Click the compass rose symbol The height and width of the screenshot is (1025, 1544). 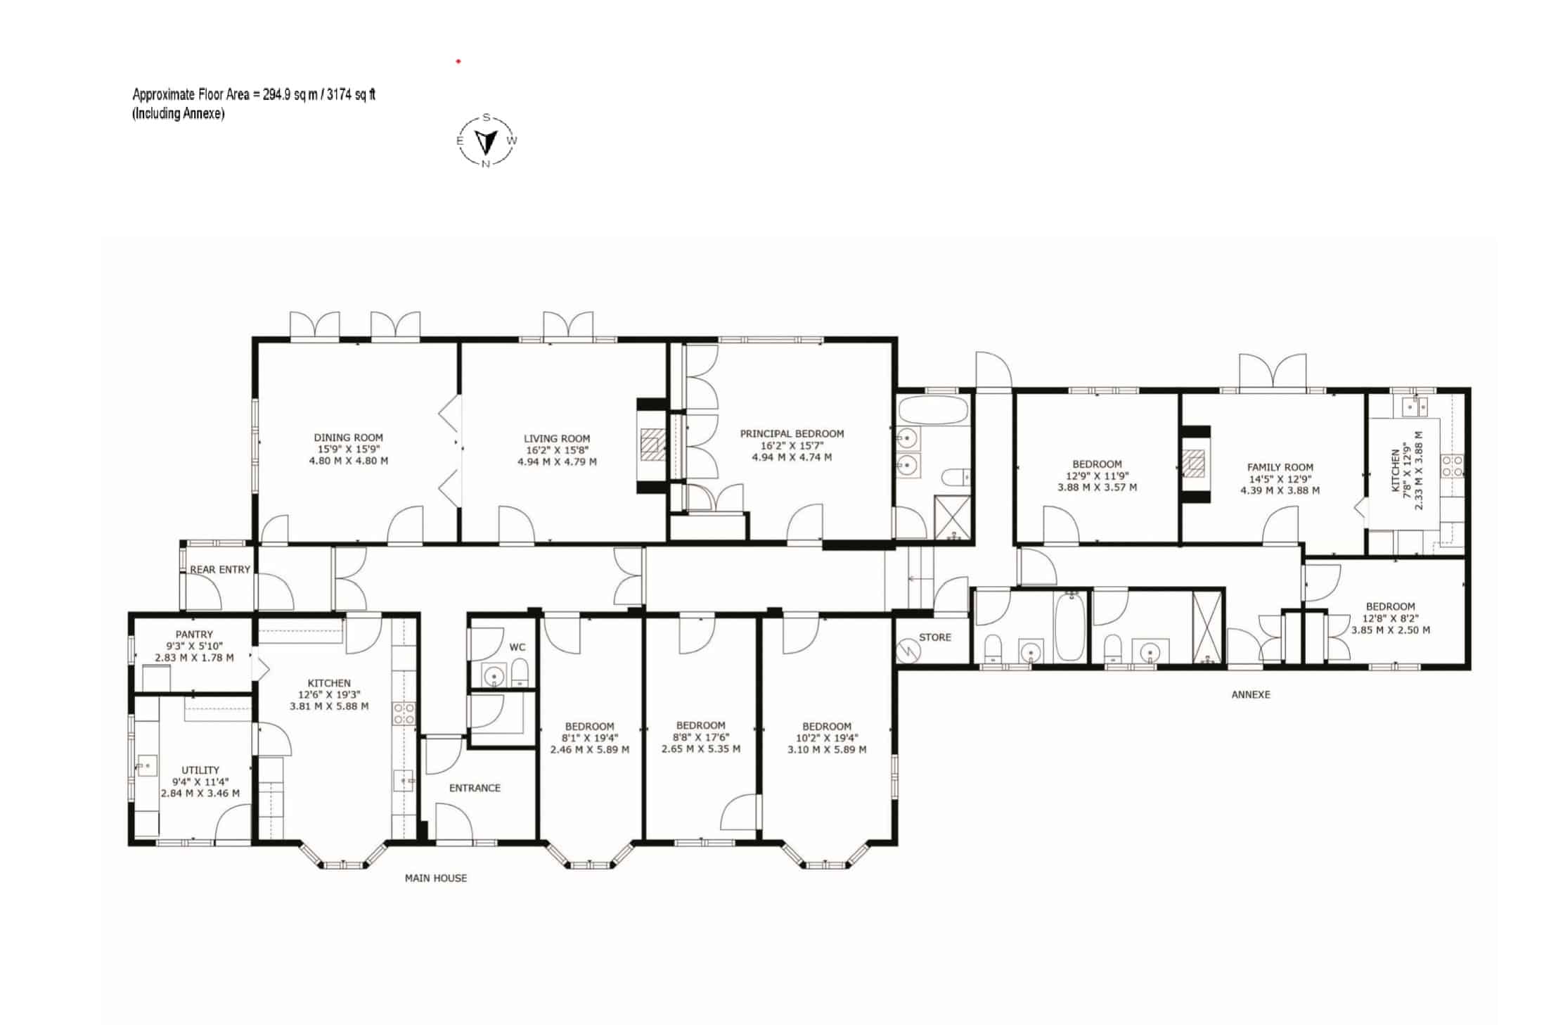[487, 141]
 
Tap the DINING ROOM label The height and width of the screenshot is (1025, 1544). [348, 438]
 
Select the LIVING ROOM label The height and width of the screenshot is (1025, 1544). [557, 438]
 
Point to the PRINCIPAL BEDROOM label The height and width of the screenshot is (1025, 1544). [792, 433]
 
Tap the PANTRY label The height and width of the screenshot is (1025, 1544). [194, 635]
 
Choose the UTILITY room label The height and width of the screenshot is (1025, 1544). [200, 770]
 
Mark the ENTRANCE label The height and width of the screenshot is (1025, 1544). [475, 788]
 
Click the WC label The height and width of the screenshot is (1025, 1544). [517, 647]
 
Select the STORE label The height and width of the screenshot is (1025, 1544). [935, 637]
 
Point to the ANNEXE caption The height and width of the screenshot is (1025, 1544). [1251, 694]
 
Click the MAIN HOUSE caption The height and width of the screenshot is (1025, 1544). [436, 878]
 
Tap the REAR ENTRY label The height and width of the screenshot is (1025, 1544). [220, 569]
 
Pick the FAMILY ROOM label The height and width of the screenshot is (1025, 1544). [1280, 467]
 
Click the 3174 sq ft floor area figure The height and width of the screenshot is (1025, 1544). [352, 94]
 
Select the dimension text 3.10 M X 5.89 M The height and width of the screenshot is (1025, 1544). [827, 749]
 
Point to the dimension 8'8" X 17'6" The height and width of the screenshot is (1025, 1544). [701, 737]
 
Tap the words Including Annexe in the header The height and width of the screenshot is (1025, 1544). [179, 114]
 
